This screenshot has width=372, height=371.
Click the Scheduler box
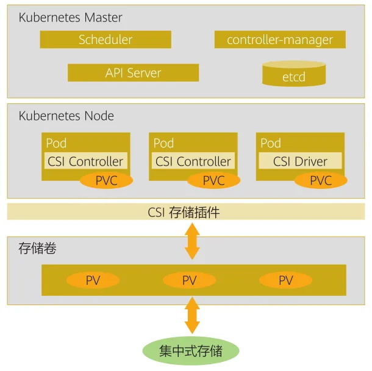click(x=106, y=40)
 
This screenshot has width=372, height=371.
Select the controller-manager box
click(x=280, y=40)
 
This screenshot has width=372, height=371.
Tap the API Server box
click(x=133, y=73)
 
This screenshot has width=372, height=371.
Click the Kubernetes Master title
click(x=70, y=17)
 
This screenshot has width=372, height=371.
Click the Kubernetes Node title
click(x=66, y=116)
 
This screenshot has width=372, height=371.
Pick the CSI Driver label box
click(x=300, y=161)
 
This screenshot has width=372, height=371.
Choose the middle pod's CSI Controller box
click(x=193, y=161)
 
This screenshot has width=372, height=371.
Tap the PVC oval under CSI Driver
click(x=321, y=180)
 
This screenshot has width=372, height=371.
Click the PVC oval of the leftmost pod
click(x=106, y=180)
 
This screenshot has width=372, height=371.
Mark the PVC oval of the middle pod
click(x=213, y=180)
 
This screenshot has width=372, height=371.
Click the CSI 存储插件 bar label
click(x=184, y=213)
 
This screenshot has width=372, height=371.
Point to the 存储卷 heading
click(x=38, y=249)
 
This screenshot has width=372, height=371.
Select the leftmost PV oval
click(x=93, y=281)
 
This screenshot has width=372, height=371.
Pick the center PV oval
click(x=190, y=281)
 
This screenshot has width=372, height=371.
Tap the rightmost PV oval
click(x=285, y=281)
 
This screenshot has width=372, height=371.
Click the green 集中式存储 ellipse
click(x=190, y=351)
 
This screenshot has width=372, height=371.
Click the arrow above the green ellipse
click(x=193, y=316)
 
